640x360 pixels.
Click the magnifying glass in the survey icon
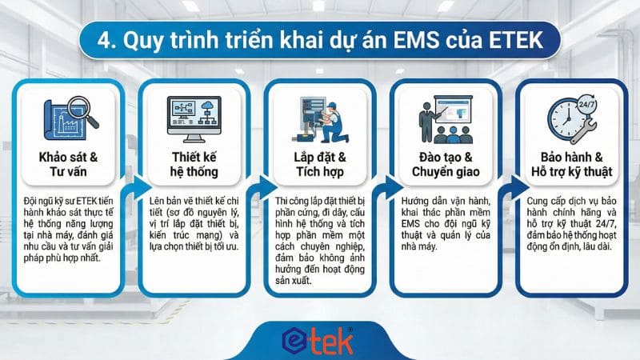point(82,110)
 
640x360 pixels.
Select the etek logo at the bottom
point(319,339)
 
